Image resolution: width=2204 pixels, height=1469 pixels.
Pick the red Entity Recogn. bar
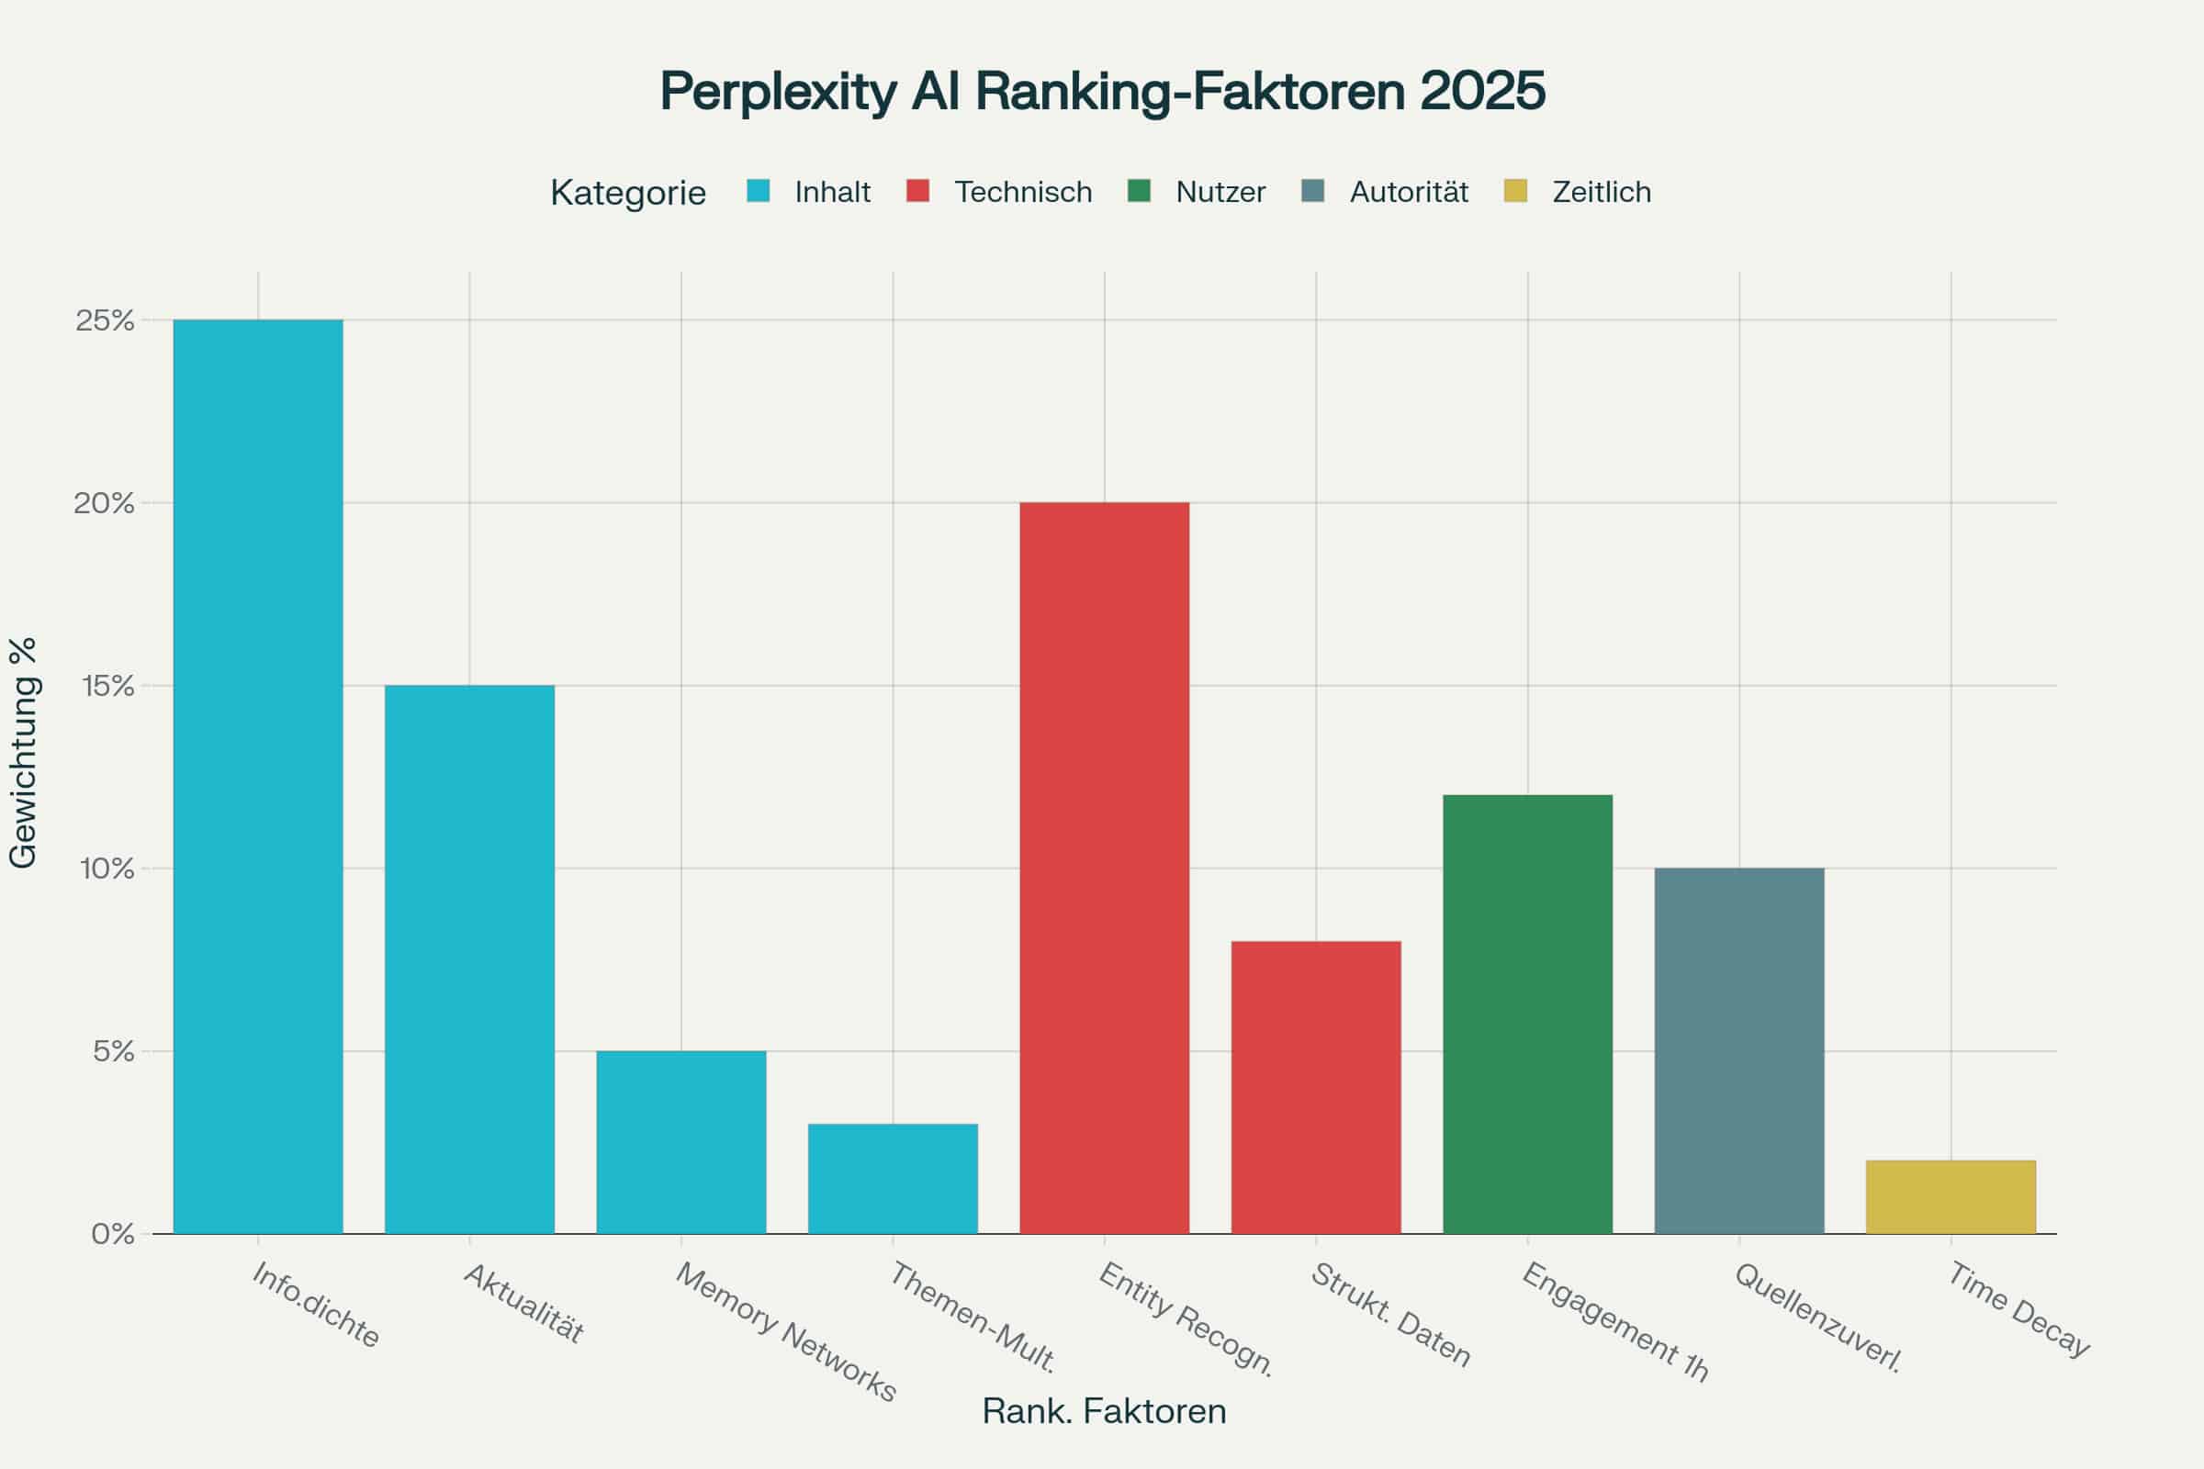pos(1104,868)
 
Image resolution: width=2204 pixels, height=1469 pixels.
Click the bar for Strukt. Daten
pos(1316,1087)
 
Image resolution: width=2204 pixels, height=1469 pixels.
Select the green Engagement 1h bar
pos(1527,1014)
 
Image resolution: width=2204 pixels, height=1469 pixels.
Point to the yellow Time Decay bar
pos(1951,1196)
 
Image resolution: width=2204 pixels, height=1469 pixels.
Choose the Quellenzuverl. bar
pos(1739,1050)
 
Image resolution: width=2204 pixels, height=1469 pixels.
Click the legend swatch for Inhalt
pos(759,191)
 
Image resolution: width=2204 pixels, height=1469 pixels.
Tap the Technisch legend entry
pos(1022,192)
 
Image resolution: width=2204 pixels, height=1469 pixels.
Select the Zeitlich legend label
pos(1601,192)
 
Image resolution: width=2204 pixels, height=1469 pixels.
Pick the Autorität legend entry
pos(1409,192)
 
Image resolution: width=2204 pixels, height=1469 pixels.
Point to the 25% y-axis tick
pos(106,320)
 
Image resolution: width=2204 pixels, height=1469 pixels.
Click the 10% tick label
pos(106,869)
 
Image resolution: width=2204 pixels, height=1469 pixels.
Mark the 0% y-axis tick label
pos(112,1234)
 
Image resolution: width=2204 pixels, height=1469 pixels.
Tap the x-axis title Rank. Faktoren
pos(1104,1411)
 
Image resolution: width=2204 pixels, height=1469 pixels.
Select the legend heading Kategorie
pos(628,192)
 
